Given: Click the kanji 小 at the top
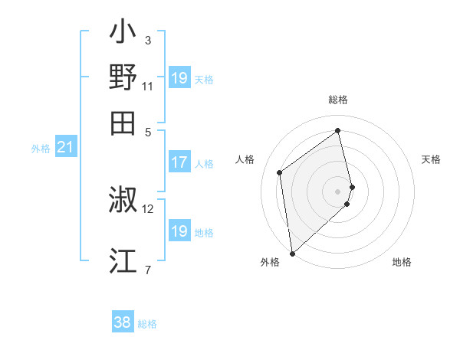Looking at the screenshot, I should point(123,35).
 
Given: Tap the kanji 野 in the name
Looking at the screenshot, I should point(123,79).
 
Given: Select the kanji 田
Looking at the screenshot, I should point(123,123).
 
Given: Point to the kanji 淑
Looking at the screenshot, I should point(123,200).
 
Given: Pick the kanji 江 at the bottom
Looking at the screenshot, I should point(123,260).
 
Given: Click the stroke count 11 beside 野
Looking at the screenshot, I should point(147,87).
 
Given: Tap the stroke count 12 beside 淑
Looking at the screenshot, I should point(148,208).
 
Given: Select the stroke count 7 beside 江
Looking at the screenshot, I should point(148,269).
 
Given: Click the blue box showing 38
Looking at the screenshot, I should point(123,322).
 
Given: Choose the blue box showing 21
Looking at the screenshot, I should point(65,147).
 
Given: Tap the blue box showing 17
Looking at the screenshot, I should point(179,162).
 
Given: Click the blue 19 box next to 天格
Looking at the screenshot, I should point(179,78).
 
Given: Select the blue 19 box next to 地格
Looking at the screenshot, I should point(179,231).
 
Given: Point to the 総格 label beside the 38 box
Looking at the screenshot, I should point(147,324).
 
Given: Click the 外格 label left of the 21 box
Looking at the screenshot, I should point(41,149).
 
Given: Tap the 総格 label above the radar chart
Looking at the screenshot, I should point(338,100).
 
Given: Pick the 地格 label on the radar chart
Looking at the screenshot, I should point(402,263).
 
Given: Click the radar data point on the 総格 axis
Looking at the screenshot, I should point(338,130).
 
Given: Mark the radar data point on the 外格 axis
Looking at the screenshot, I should point(292,254).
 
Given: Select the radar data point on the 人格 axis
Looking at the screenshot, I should point(280,172).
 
